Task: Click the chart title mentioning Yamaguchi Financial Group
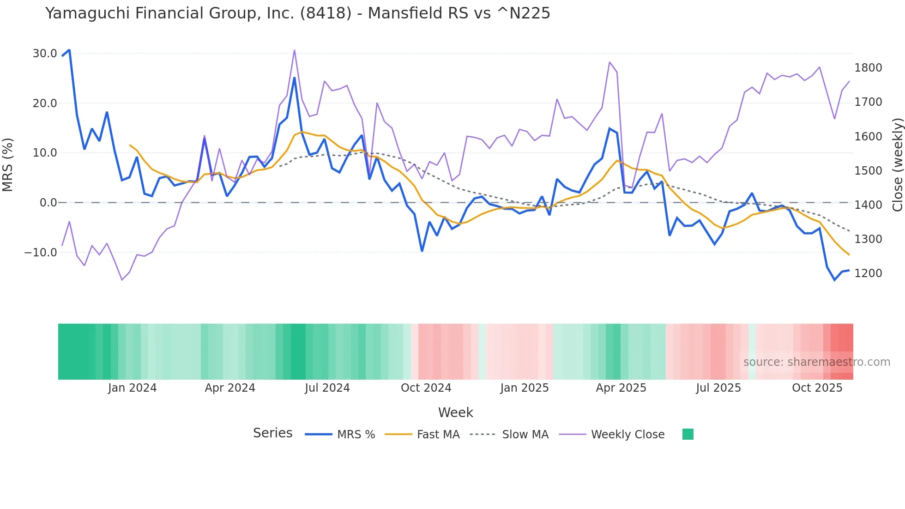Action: click(x=297, y=13)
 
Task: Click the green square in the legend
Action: click(x=688, y=434)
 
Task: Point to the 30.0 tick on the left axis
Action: click(x=45, y=54)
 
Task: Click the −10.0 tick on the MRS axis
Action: click(x=41, y=253)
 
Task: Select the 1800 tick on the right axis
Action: click(x=868, y=68)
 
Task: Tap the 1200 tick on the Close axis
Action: click(x=868, y=273)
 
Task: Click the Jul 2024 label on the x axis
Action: click(x=327, y=388)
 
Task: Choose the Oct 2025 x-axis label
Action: click(x=817, y=388)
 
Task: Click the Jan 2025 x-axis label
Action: click(x=524, y=388)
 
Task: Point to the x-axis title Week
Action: click(x=455, y=412)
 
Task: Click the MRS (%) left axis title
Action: click(x=8, y=164)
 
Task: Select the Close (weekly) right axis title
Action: click(x=897, y=164)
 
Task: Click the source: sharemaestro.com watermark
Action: click(x=816, y=362)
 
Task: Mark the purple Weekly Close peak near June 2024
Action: click(x=294, y=50)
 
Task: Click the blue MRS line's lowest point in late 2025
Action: click(x=834, y=280)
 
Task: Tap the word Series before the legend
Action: click(x=272, y=433)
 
